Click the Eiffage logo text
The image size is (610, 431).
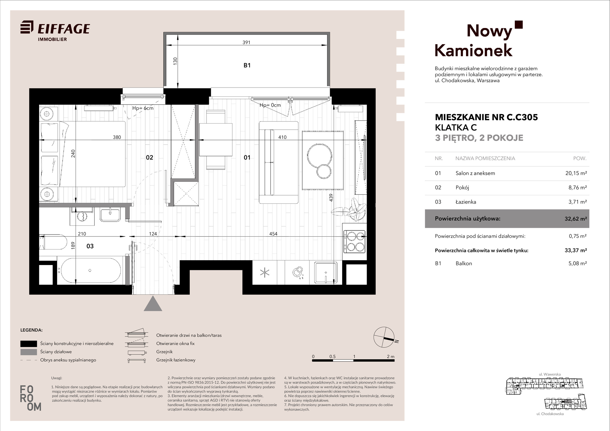click(x=63, y=29)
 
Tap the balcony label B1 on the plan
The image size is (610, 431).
click(x=247, y=65)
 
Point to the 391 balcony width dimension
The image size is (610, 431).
click(x=246, y=42)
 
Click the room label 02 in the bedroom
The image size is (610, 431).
click(x=149, y=157)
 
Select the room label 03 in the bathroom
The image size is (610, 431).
click(x=90, y=246)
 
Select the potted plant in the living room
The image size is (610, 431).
click(x=350, y=210)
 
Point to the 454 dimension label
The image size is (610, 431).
click(x=273, y=234)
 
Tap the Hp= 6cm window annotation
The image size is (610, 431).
click(x=143, y=108)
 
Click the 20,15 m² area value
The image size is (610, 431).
click(x=576, y=173)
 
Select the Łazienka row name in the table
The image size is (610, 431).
click(x=466, y=202)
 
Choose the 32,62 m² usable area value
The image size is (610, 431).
click(x=576, y=218)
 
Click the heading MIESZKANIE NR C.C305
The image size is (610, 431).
click(x=486, y=117)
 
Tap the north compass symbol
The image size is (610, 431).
click(x=384, y=337)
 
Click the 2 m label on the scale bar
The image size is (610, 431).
click(x=390, y=356)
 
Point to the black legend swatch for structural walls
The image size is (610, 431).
click(x=29, y=343)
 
